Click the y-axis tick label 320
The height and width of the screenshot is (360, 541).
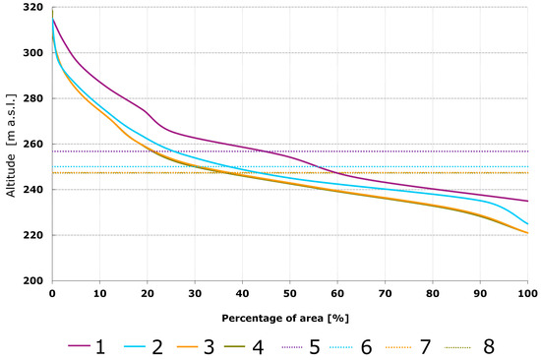coord(33,7)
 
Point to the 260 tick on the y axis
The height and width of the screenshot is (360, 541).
coord(33,144)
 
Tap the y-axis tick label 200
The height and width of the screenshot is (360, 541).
coord(33,280)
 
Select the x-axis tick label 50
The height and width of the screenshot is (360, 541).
coord(290,294)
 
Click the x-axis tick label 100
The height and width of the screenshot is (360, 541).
coord(527,294)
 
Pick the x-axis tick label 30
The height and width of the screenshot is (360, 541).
coord(195,294)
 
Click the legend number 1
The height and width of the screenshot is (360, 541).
coord(100,347)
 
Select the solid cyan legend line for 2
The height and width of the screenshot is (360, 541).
coord(134,347)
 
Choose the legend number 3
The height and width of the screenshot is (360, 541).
coord(210,347)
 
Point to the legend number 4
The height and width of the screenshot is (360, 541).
coord(258,347)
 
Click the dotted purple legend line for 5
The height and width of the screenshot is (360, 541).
coord(292,347)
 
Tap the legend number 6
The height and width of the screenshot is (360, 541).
coord(366,347)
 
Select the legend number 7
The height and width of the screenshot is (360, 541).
coord(425,347)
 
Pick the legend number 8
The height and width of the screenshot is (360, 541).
coord(489,347)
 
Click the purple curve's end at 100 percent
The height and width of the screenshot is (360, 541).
coord(527,201)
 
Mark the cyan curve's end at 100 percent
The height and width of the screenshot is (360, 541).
coord(527,224)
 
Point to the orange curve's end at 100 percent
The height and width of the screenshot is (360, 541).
coord(527,233)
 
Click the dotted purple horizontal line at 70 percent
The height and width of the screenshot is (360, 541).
coord(385,151)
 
